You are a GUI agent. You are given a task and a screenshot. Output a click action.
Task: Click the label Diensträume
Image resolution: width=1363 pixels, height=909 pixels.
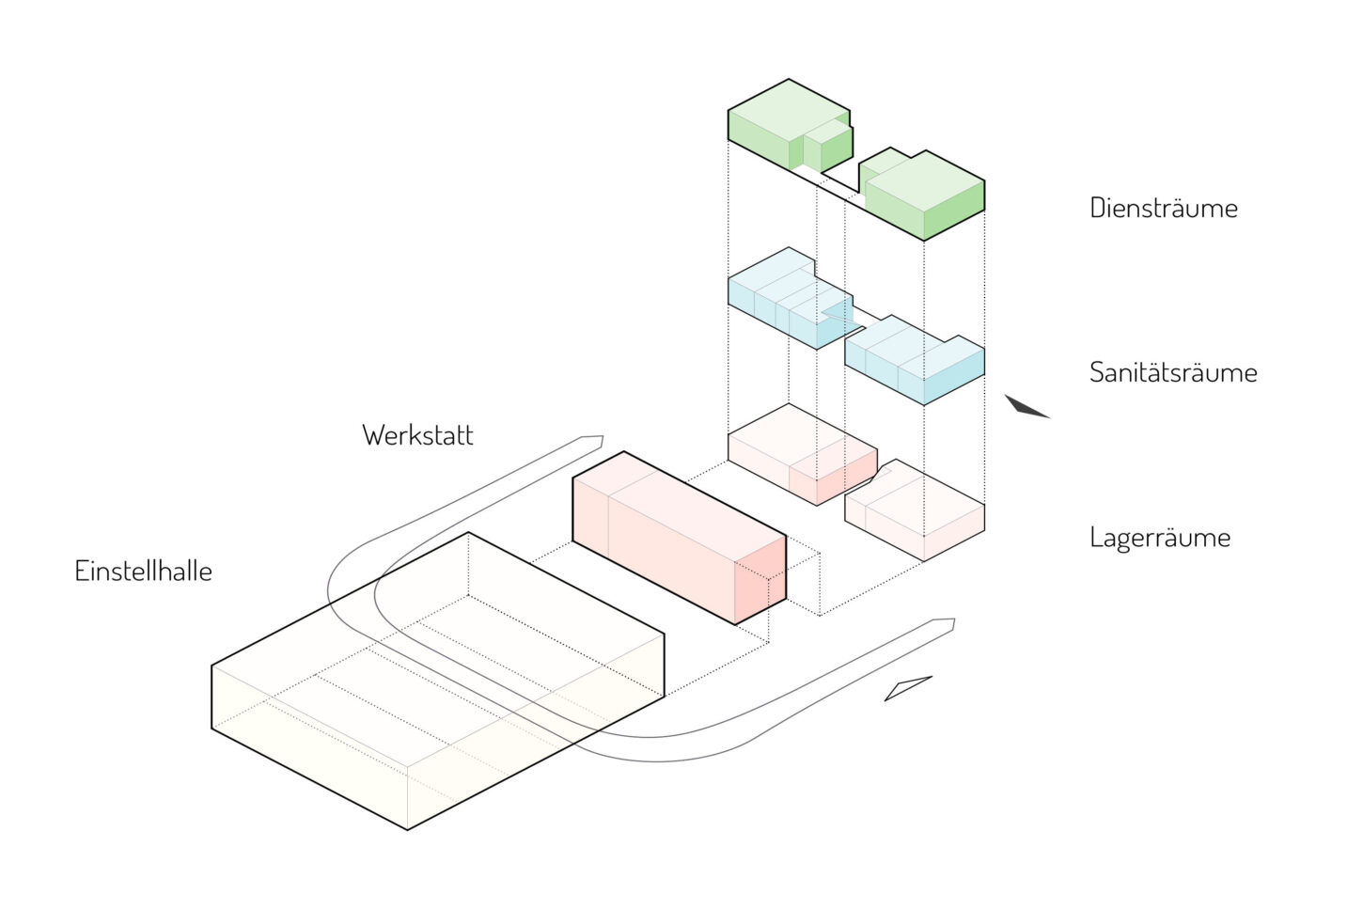coord(1163,208)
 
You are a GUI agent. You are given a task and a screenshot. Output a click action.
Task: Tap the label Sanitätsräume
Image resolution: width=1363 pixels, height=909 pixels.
coord(1172,372)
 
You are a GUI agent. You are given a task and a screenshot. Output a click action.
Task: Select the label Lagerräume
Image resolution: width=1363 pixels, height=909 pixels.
coord(1159,538)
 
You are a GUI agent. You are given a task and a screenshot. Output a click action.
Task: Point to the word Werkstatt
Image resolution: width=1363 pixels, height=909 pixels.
coord(417,435)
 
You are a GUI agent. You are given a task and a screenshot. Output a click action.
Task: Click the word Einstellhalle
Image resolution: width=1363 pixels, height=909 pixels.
coord(143,571)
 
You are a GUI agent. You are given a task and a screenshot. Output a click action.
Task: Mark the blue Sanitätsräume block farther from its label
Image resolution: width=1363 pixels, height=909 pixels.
coord(788,299)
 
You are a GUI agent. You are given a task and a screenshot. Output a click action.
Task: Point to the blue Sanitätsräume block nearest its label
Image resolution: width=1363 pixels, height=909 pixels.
coord(916,362)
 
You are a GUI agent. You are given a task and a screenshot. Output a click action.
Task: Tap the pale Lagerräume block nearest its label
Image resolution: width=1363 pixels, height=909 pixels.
coord(916,512)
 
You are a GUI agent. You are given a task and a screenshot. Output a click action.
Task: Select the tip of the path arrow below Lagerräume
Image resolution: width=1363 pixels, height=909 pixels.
coord(953,623)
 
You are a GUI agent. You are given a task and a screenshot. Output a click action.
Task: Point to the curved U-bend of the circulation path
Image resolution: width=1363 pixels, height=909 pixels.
coord(352,592)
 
